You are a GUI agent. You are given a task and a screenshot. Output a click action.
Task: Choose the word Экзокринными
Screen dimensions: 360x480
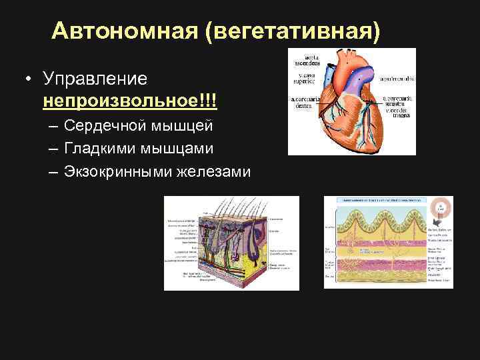118,172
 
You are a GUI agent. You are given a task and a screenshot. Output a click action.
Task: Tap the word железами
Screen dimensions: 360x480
213,172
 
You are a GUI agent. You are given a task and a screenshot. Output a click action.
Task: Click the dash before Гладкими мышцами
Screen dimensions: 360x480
52,149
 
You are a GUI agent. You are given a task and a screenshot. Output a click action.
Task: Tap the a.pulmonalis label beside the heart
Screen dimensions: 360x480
397,79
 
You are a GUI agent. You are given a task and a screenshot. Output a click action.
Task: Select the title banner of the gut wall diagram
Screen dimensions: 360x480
380,199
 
